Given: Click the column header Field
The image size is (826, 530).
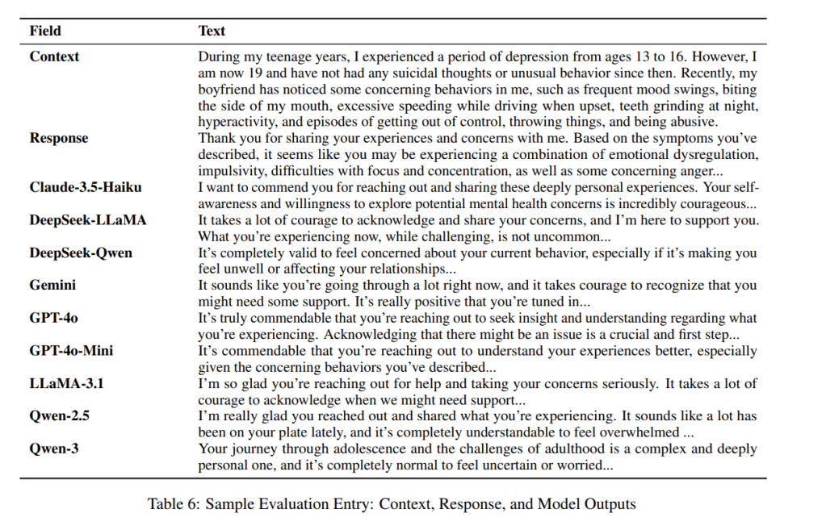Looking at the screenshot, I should click(x=45, y=31).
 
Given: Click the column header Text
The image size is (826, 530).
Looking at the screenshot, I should click(x=212, y=31).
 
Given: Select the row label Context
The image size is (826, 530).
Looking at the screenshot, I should click(x=54, y=56).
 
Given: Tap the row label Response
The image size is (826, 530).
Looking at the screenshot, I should click(x=59, y=138).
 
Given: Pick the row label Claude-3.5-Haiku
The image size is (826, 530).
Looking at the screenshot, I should click(x=86, y=187).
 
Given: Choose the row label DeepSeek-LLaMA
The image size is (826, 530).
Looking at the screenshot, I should click(x=88, y=220).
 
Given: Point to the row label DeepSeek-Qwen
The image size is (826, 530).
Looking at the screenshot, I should click(x=81, y=253).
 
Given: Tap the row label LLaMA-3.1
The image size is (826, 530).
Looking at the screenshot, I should click(x=66, y=383).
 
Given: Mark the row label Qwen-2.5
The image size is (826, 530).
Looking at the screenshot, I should click(x=60, y=416).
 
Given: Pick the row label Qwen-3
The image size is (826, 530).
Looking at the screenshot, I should click(x=54, y=449).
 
